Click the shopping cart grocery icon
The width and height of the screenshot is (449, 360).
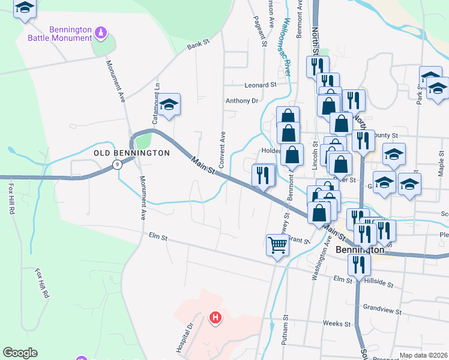tap(277, 245)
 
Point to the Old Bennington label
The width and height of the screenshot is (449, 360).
tap(131, 153)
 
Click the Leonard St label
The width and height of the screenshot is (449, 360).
tap(259, 85)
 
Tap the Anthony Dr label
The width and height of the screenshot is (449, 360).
tap(241, 101)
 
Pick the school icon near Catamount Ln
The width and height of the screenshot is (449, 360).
tap(170, 104)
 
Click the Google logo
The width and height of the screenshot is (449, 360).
tap(20, 353)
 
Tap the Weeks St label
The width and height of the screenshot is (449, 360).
tap(336, 323)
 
